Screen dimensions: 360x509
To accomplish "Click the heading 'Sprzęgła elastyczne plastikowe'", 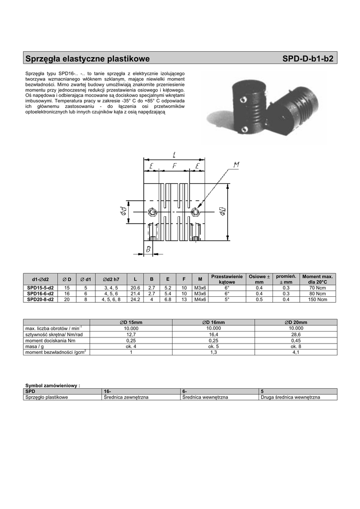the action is [x=88, y=59].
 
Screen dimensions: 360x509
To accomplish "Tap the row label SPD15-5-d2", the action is [x=40, y=288].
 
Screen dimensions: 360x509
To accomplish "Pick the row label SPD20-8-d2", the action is [x=40, y=299].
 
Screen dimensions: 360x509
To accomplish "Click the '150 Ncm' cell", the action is [x=317, y=299].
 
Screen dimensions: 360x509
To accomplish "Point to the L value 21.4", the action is [x=135, y=293].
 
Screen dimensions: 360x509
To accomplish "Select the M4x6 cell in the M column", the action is [x=200, y=299].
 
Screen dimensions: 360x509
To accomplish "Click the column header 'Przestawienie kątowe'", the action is [x=227, y=279].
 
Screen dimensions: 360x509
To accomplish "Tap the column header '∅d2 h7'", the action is [x=111, y=279].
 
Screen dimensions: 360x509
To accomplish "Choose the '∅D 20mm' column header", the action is [x=296, y=322].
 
